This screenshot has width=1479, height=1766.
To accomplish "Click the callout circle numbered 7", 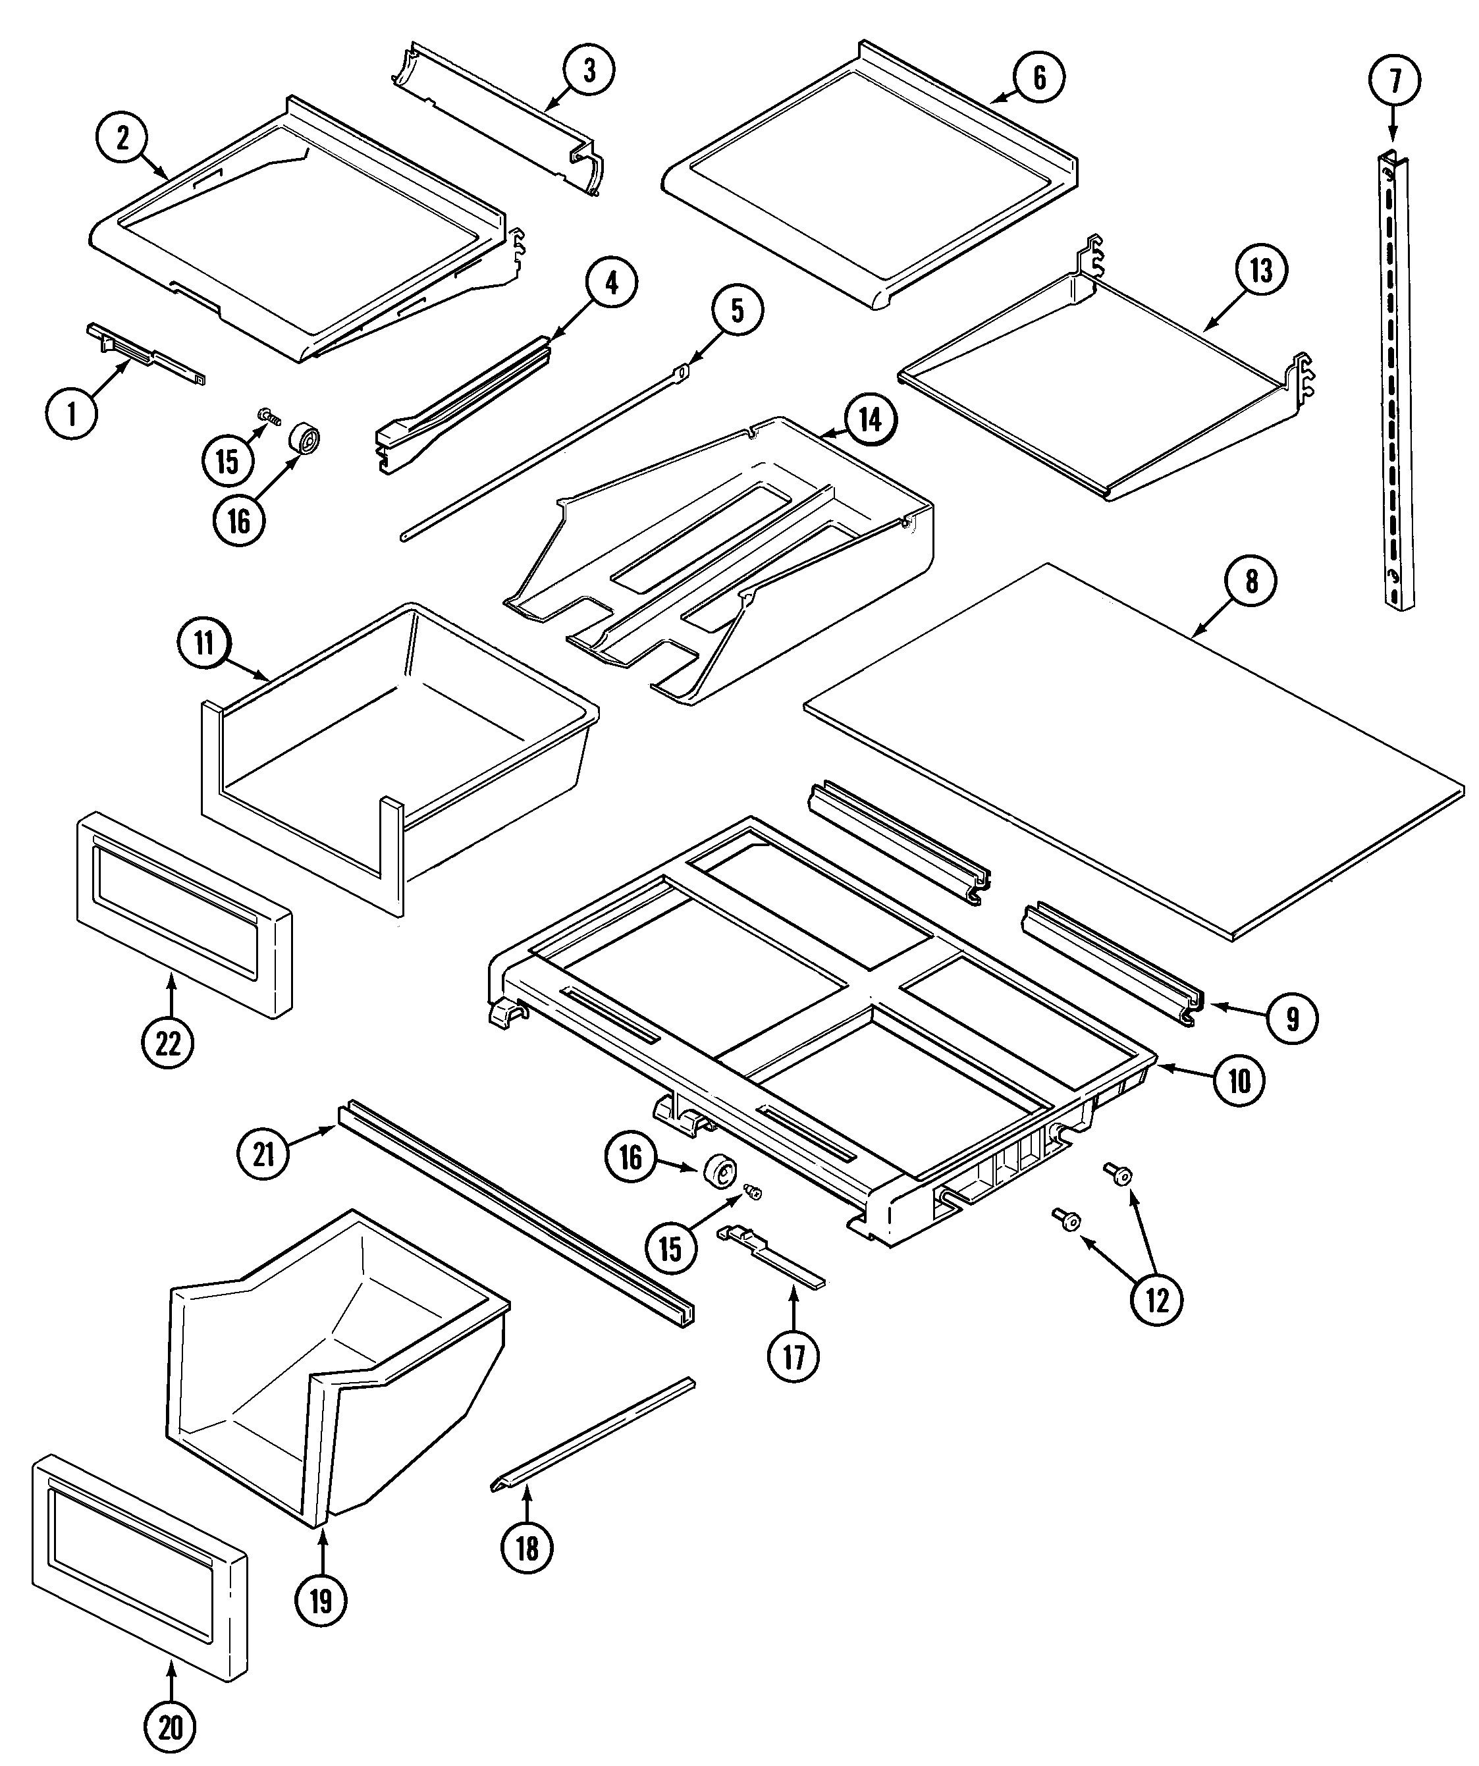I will coord(1395,80).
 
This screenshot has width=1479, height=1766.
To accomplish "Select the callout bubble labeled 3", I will coord(589,70).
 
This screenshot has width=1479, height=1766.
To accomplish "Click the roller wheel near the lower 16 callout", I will coord(720,1172).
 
